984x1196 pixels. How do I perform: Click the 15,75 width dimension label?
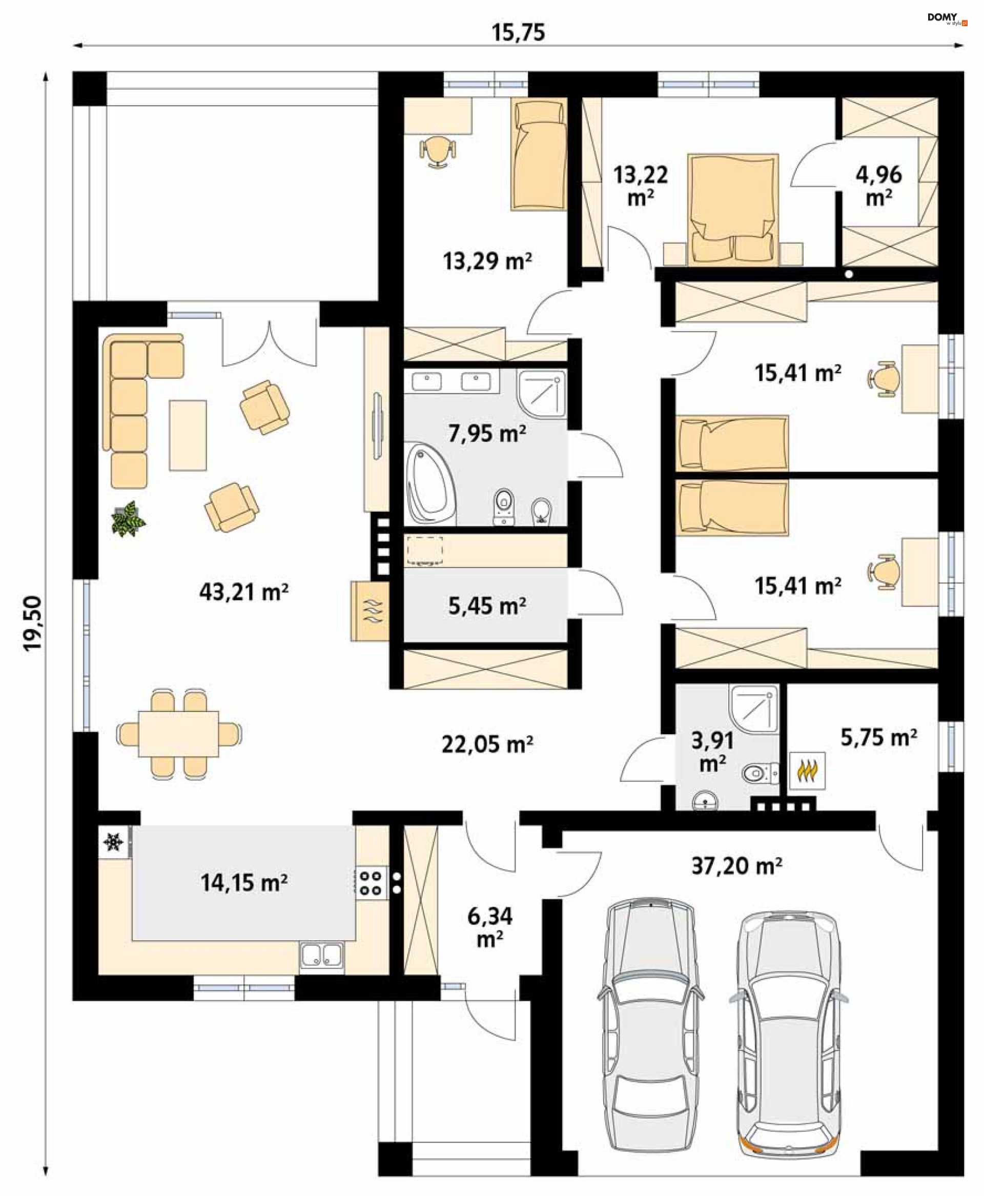pyautogui.click(x=518, y=32)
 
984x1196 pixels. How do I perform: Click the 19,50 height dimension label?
pyautogui.click(x=32, y=623)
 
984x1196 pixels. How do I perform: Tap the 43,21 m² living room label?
pyautogui.click(x=244, y=592)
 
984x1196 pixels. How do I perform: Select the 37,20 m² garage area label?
pyautogui.click(x=737, y=865)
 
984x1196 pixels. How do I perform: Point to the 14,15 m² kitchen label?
pyautogui.click(x=244, y=883)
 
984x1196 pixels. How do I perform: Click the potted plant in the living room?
pyautogui.click(x=128, y=518)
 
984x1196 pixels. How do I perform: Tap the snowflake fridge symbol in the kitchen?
pyautogui.click(x=113, y=842)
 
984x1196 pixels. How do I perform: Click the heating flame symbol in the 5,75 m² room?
pyautogui.click(x=807, y=771)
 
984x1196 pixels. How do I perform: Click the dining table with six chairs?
pyautogui.click(x=178, y=734)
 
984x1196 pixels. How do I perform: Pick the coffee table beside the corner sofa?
pyautogui.click(x=188, y=435)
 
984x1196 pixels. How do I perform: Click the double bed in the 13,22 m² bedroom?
pyautogui.click(x=732, y=209)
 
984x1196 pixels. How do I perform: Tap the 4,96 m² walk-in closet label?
pyautogui.click(x=878, y=186)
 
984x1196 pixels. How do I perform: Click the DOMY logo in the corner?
pyautogui.click(x=947, y=18)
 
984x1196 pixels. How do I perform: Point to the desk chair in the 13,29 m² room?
pyautogui.click(x=437, y=151)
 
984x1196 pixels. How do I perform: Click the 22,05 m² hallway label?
pyautogui.click(x=487, y=744)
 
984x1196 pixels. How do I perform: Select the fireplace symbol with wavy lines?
pyautogui.click(x=369, y=611)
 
